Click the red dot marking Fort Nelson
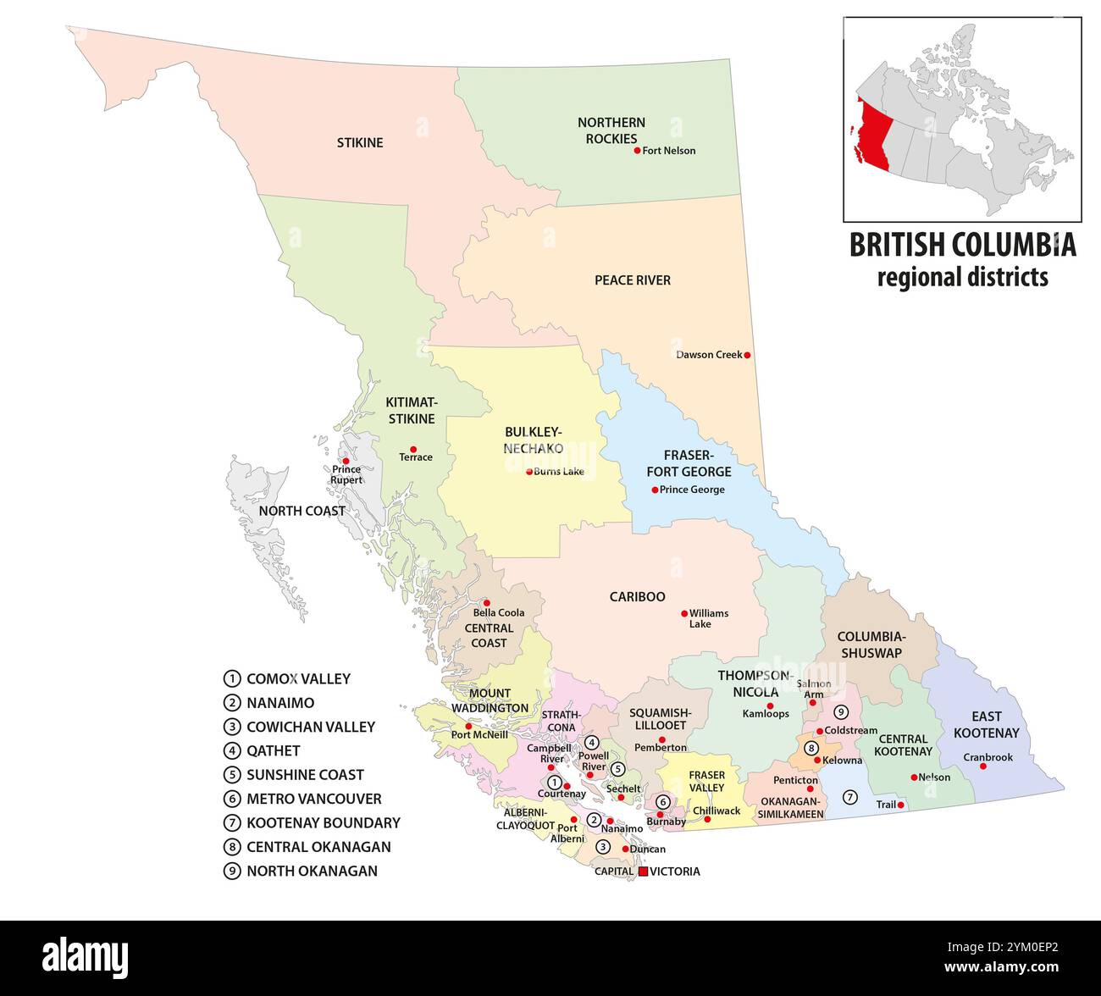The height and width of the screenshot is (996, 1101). (637, 151)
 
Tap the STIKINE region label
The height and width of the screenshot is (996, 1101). (360, 142)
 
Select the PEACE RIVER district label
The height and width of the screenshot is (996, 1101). (632, 280)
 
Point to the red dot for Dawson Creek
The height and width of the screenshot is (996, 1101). (747, 355)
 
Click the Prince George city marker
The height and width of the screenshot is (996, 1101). (655, 490)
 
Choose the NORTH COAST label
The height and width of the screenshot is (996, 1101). (302, 511)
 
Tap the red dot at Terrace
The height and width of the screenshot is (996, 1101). (413, 449)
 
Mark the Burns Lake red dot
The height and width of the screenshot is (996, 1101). (529, 472)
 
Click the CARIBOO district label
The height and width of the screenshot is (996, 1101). (637, 597)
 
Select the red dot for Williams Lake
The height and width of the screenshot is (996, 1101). (684, 613)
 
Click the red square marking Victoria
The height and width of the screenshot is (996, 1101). (643, 871)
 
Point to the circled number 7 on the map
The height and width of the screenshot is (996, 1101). (850, 797)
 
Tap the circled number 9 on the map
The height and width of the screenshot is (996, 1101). (840, 711)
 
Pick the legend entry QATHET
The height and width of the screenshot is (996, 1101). (273, 750)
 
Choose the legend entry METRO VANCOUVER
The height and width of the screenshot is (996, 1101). (313, 799)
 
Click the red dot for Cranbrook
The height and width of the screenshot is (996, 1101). (983, 766)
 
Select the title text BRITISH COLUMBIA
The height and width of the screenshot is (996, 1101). (962, 245)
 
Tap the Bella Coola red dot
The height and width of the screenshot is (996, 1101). (486, 603)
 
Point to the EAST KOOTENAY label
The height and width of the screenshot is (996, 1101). (986, 724)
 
